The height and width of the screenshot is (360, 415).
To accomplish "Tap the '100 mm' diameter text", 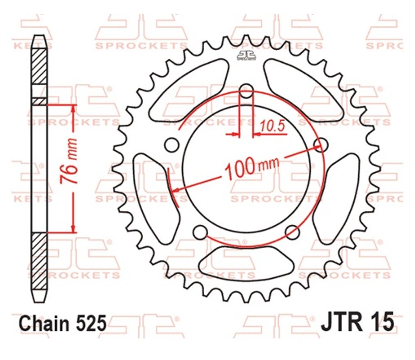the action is (x=252, y=168).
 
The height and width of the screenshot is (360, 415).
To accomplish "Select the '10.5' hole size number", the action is (x=273, y=126).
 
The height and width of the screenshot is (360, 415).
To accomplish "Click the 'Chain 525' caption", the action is (x=62, y=323).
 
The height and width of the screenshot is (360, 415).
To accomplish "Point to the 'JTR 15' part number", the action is (x=357, y=322).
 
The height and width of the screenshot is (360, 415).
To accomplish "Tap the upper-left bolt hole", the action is (x=171, y=145).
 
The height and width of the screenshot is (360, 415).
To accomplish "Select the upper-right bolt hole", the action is (x=321, y=145).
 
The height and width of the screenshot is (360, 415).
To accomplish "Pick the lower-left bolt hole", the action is (x=200, y=232).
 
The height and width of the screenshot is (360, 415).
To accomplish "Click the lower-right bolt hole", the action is (x=293, y=232).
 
